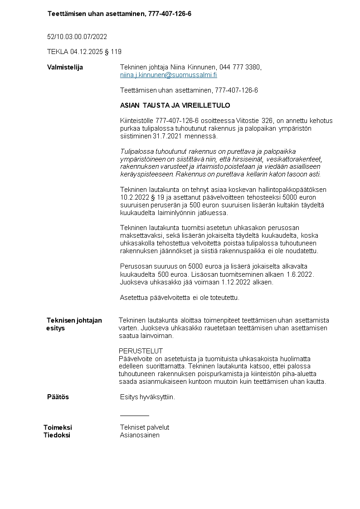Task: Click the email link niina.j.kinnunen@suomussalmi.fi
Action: click(x=168, y=75)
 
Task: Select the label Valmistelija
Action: click(x=65, y=67)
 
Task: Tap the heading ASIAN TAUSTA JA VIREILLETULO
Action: click(x=175, y=105)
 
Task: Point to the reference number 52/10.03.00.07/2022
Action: click(x=77, y=36)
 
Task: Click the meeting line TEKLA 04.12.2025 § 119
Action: click(x=84, y=52)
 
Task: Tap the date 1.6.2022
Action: click(x=300, y=274)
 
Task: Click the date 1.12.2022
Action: click(x=235, y=282)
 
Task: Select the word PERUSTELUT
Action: click(x=141, y=351)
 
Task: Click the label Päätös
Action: click(x=58, y=397)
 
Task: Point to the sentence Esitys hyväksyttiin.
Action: click(x=147, y=397)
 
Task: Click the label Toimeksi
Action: click(x=58, y=427)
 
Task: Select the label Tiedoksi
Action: click(x=57, y=435)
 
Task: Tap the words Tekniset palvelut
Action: click(x=145, y=427)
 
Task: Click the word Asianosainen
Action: click(x=140, y=435)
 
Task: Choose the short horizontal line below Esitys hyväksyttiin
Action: click(x=135, y=415)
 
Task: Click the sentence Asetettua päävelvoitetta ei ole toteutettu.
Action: click(x=180, y=298)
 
